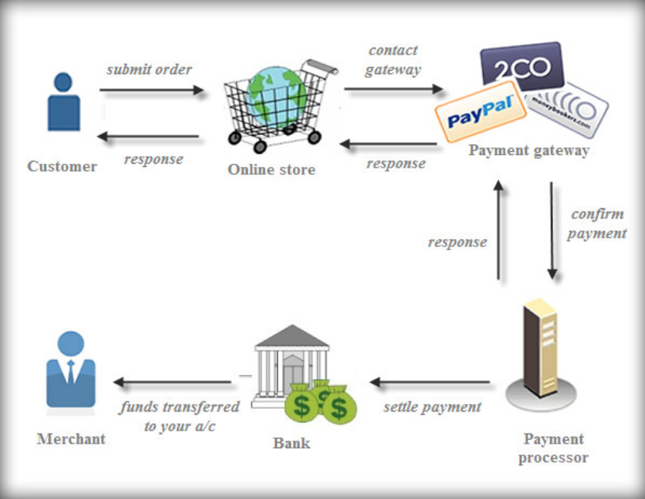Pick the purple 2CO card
point(521,67)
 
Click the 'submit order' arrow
point(151,90)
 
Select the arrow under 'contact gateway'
point(393,90)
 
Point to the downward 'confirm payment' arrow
point(552,231)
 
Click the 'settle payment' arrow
point(430,382)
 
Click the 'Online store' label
point(272,169)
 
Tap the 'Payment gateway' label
point(528,150)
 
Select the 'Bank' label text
point(291,443)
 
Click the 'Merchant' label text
point(71,439)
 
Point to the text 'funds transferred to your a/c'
point(179,416)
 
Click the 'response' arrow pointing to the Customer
point(148,137)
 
